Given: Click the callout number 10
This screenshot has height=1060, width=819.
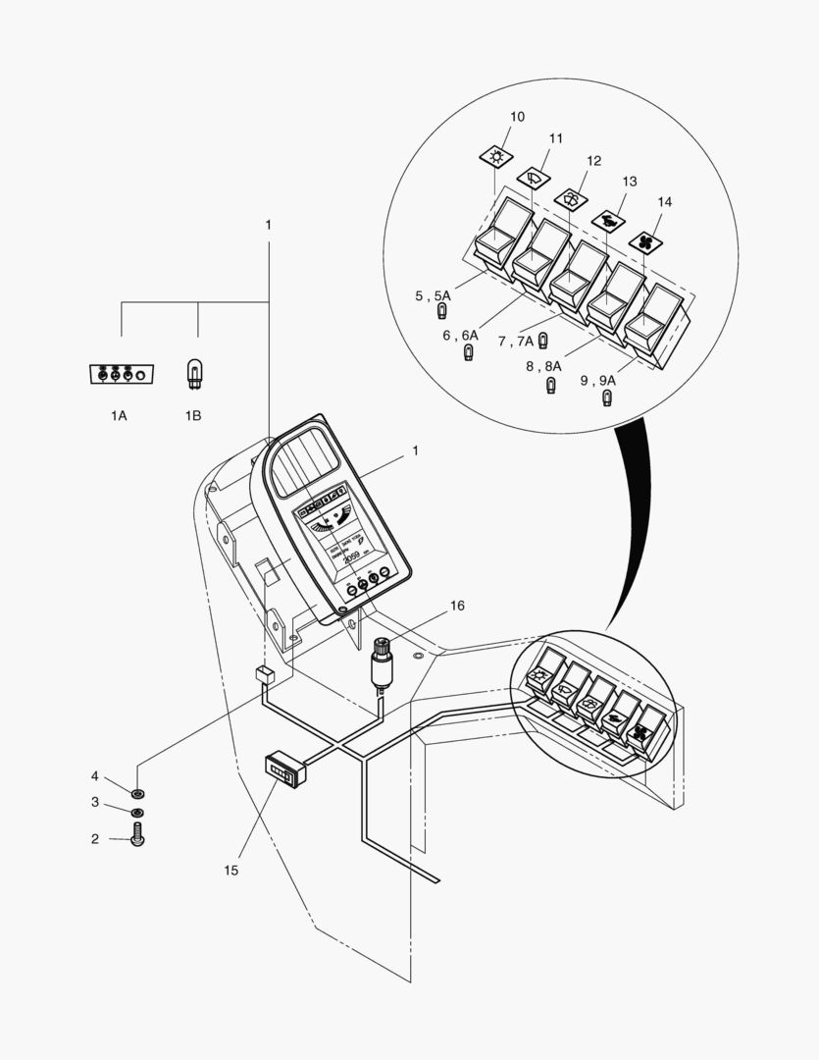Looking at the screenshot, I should point(517,117).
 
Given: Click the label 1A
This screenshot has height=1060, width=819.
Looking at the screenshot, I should point(118,416).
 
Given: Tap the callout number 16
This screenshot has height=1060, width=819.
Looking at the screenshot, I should point(457,606).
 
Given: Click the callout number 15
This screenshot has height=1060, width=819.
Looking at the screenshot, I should point(230,870).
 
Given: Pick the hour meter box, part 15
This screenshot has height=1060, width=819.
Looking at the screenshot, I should point(284,768).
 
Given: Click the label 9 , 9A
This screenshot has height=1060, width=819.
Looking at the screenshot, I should point(597,380).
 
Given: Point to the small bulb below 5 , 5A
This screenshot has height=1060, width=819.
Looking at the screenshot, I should point(442,313).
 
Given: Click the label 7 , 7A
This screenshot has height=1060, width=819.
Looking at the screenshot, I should point(515,342).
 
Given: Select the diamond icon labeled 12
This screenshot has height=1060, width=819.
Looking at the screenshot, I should point(569,197).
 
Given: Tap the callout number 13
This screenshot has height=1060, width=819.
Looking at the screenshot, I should point(630,182).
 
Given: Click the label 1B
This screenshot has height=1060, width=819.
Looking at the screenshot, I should point(192,416).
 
